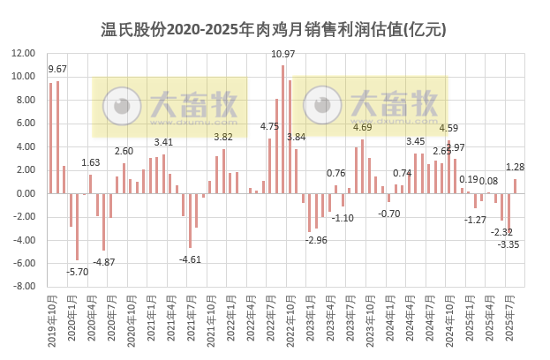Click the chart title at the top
(275, 29)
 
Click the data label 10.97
(283, 55)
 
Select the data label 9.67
(57, 69)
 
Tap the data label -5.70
(78, 272)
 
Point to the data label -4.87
(104, 262)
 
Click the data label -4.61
(190, 259)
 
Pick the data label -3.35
(509, 244)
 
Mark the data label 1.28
(516, 167)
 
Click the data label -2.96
(317, 239)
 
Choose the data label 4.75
(269, 127)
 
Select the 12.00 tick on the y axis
(23, 53)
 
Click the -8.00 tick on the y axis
(23, 286)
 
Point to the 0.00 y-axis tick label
(26, 193)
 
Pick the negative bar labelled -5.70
(78, 227)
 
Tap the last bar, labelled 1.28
(516, 186)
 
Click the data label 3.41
(163, 142)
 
